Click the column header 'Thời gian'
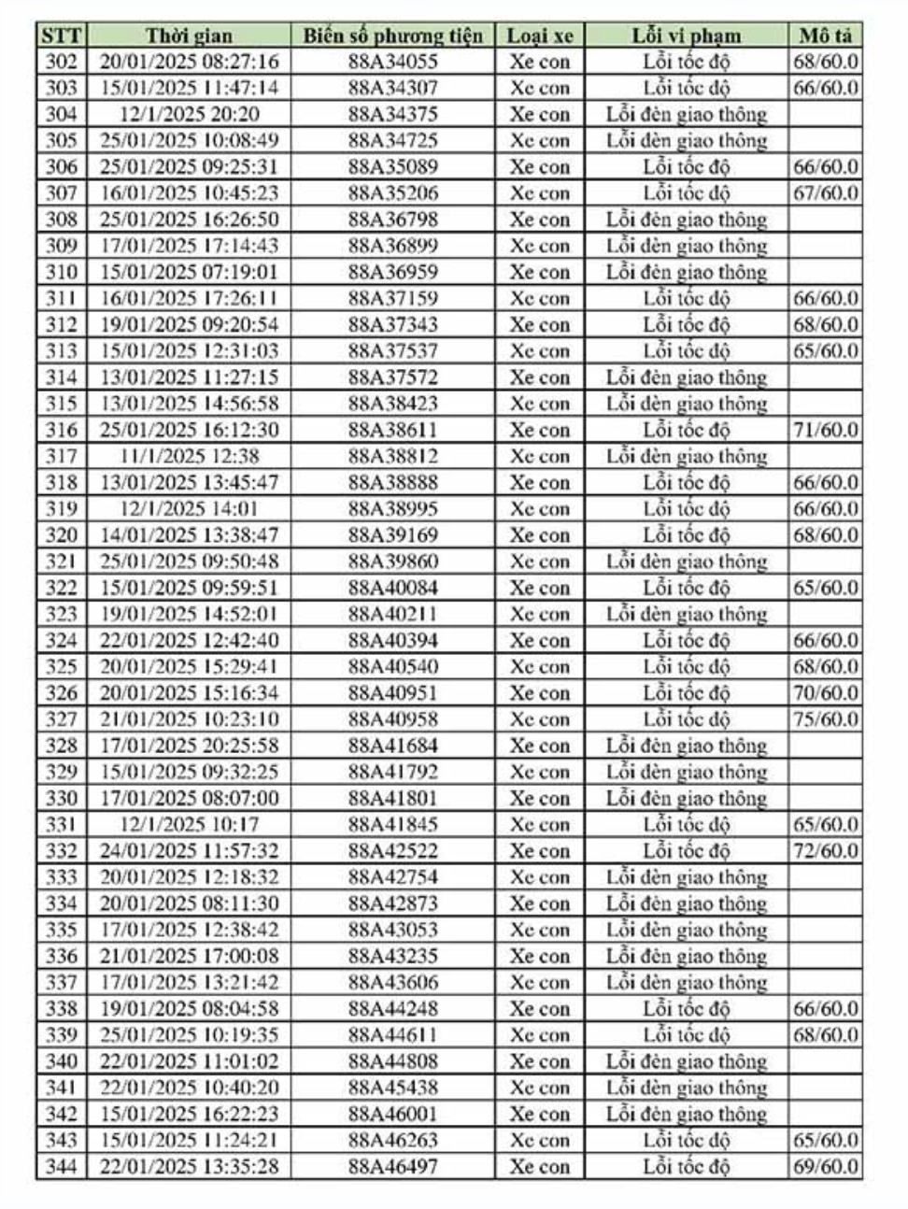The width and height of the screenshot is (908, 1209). tap(189, 36)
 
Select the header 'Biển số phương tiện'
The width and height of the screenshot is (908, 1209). tap(392, 36)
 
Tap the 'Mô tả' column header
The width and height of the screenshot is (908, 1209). tap(826, 36)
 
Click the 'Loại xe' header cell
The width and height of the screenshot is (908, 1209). tap(540, 36)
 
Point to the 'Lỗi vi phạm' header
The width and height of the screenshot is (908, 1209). tap(687, 36)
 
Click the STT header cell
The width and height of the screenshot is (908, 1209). tap(62, 36)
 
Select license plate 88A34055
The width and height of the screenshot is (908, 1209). tap(392, 63)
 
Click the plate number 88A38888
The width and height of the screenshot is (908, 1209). tap(392, 483)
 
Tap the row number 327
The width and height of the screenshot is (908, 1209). tap(62, 719)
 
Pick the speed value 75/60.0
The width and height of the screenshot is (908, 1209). tap(826, 719)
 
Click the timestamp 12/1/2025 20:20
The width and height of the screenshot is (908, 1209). tap(189, 115)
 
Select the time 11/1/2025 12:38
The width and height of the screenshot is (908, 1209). tap(189, 457)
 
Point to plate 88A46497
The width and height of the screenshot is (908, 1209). tap(392, 1167)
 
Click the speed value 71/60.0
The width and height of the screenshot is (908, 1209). tap(826, 431)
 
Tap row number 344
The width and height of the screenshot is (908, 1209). tap(62, 1167)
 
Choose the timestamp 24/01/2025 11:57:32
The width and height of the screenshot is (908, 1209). tap(189, 851)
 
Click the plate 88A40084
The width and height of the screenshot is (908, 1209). tap(392, 589)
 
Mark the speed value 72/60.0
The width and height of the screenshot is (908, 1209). tap(826, 851)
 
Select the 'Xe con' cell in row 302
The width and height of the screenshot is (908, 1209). tap(540, 63)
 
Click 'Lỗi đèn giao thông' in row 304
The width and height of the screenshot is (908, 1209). tap(687, 115)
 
